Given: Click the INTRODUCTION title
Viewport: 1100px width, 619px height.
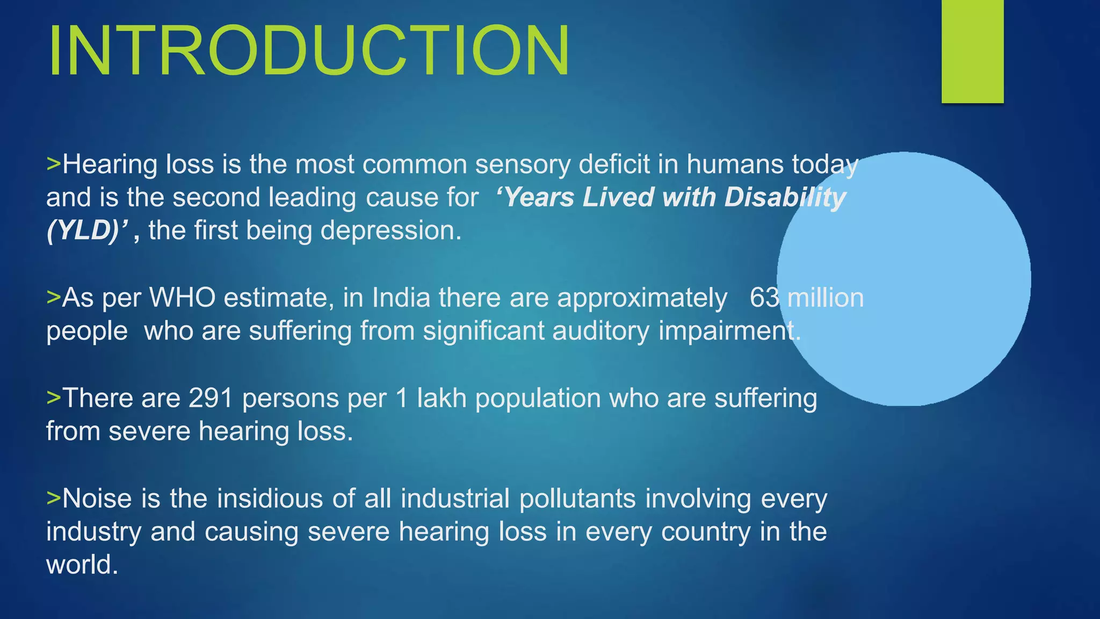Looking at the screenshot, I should pyautogui.click(x=309, y=51).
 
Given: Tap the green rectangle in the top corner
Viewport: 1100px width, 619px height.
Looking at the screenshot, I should pyautogui.click(x=972, y=51).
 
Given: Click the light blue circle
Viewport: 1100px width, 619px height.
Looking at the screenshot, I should pyautogui.click(x=904, y=278).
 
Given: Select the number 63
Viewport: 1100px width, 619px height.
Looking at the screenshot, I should pyautogui.click(x=764, y=298).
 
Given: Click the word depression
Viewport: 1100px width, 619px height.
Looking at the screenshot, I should pyautogui.click(x=390, y=231).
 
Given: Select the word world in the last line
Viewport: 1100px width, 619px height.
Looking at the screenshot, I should pyautogui.click(x=82, y=565).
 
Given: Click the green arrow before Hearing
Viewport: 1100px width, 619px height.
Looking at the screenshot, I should pyautogui.click(x=54, y=163).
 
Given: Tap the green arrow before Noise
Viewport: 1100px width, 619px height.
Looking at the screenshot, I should pyautogui.click(x=54, y=498).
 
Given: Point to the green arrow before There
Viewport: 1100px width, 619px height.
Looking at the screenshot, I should pyautogui.click(x=54, y=398).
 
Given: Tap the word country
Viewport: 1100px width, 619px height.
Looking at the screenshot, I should pyautogui.click(x=705, y=532).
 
